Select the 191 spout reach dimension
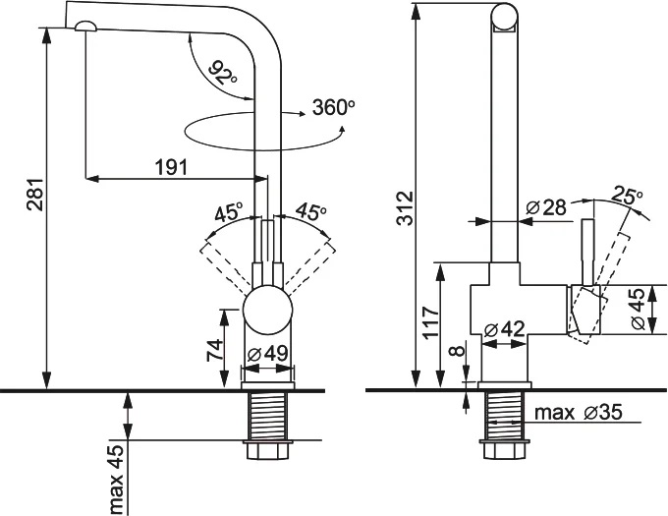[171, 167]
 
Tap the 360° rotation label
[330, 107]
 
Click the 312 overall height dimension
[402, 207]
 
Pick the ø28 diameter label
[546, 207]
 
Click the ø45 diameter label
[640, 311]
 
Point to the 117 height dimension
[428, 321]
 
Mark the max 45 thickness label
[116, 480]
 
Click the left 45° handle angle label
[228, 212]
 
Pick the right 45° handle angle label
[309, 212]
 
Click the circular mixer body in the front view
[268, 312]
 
